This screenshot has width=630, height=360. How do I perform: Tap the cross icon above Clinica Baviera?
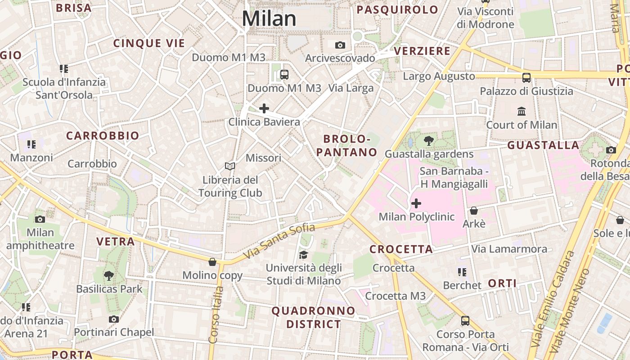pos(264,108)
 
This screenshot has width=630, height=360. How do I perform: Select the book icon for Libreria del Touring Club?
pos(230,166)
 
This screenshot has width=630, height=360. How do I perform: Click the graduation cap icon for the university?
pos(303,255)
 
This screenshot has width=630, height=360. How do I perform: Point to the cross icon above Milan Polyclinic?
pos(416,203)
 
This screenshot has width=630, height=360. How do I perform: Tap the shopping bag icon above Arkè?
pos(474,210)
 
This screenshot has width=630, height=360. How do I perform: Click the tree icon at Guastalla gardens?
pos(429,141)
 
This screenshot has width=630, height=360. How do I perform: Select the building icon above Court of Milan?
pos(522,111)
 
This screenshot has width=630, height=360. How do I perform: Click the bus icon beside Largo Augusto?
pos(526,77)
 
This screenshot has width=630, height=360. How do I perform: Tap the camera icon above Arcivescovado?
pos(340,45)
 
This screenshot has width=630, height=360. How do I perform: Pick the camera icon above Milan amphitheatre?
pos(40,219)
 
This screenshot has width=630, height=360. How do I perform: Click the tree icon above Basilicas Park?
pos(108,275)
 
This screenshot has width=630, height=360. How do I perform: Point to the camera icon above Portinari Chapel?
pos(114,319)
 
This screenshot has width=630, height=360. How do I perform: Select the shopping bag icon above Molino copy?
pos(212,262)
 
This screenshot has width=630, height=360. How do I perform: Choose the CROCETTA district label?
pos(401,249)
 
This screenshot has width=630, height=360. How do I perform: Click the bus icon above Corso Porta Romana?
pos(465,321)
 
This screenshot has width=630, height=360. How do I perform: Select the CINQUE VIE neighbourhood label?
pos(149,43)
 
